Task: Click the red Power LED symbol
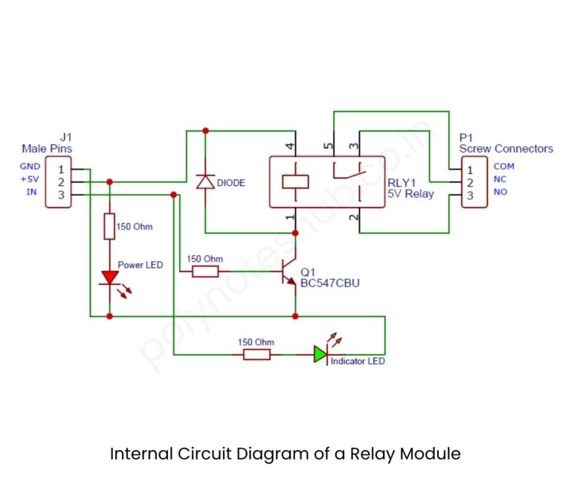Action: [x=110, y=277]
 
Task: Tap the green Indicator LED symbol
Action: [x=320, y=354]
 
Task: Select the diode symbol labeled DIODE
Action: [x=205, y=181]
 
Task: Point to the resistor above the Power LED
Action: [x=110, y=226]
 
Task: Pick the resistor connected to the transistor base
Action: [x=204, y=272]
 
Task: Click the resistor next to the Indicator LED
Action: [x=256, y=355]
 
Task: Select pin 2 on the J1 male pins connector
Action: [x=59, y=181]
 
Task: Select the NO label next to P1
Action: [x=501, y=192]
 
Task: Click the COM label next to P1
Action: [x=503, y=167]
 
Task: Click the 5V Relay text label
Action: [x=410, y=194]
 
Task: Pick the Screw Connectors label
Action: [x=506, y=149]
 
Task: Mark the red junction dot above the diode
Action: [x=205, y=131]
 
